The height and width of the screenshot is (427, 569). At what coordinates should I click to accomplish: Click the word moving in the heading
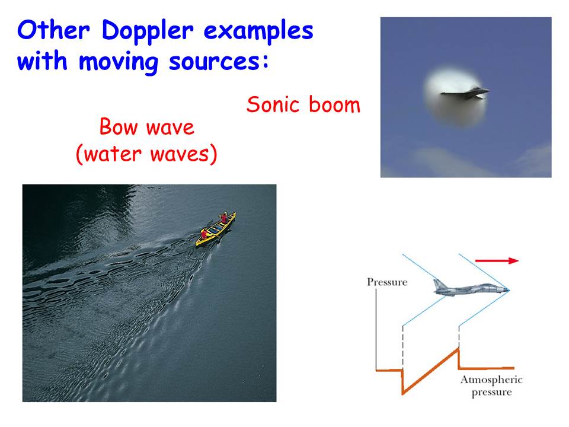119,62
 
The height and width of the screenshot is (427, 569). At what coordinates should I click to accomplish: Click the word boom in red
334,104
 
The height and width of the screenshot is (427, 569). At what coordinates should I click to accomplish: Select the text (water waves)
146,154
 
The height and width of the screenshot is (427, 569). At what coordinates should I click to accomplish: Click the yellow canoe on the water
216,229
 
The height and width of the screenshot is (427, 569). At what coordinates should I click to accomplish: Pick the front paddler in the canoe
224,218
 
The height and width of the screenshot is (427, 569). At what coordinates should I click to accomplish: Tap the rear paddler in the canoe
205,234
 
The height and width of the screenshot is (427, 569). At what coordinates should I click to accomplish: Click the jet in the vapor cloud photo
465,94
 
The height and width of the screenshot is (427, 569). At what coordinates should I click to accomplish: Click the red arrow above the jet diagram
497,260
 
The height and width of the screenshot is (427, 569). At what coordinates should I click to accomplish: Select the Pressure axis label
387,282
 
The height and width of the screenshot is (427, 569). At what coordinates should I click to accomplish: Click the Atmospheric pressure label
492,386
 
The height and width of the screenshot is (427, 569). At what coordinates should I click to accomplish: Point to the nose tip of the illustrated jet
509,290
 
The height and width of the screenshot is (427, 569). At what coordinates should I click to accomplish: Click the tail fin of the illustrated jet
439,284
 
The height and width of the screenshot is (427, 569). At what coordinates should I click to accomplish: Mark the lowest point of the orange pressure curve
403,394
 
